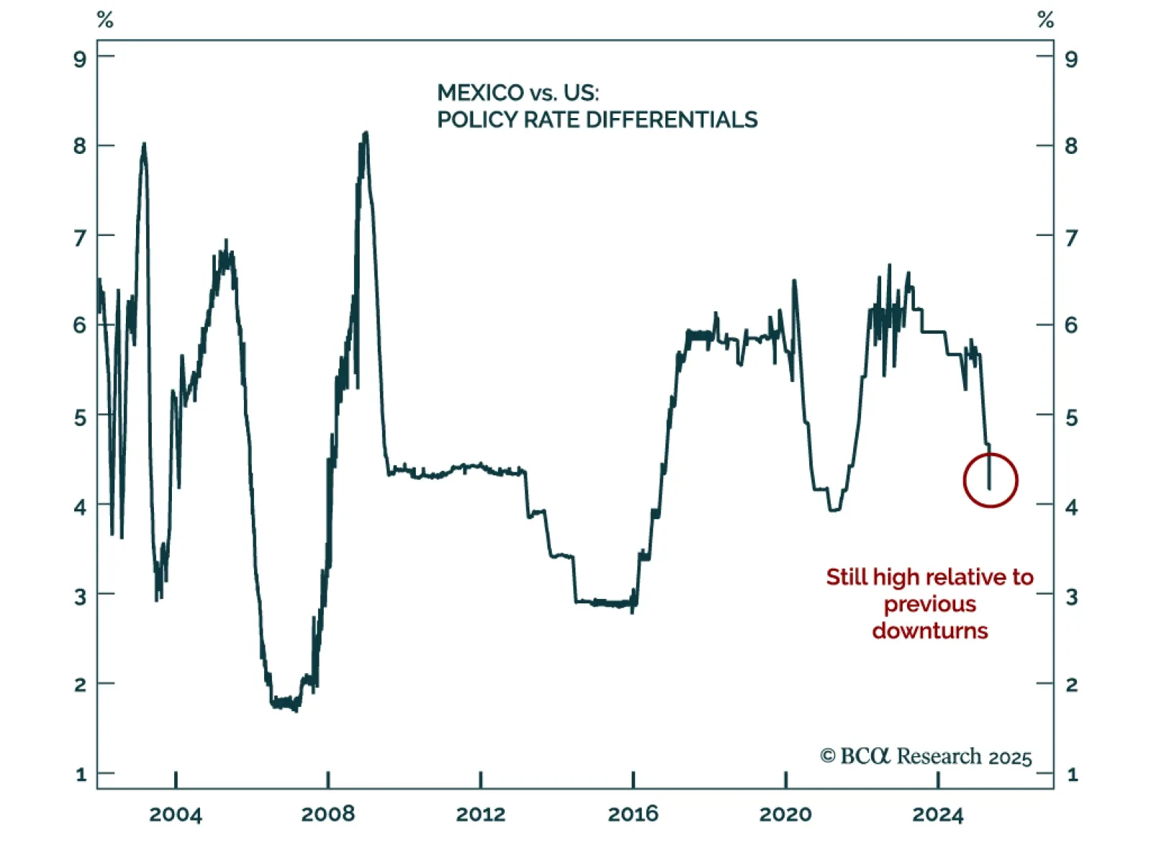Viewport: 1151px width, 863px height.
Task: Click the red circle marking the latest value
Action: [x=991, y=480]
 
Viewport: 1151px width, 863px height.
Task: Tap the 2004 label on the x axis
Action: [x=176, y=814]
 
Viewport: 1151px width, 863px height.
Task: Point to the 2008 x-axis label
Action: [x=328, y=814]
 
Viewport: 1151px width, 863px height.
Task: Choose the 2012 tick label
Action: [x=481, y=814]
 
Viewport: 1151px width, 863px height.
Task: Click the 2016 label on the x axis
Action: [x=633, y=814]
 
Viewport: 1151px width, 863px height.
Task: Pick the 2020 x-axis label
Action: [x=786, y=814]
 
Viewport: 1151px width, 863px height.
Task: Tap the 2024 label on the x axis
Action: [x=938, y=814]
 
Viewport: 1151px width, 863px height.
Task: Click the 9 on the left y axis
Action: [x=80, y=59]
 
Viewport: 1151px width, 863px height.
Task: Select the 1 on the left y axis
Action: [x=81, y=775]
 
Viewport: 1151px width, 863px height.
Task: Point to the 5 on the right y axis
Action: [x=1071, y=417]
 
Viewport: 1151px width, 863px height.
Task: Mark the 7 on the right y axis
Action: [x=1071, y=237]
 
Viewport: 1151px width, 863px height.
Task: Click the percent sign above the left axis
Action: [x=105, y=20]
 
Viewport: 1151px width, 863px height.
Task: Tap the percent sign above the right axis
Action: [x=1045, y=20]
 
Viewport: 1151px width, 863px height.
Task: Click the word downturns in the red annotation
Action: [x=930, y=631]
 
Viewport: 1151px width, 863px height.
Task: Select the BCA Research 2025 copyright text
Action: [x=926, y=757]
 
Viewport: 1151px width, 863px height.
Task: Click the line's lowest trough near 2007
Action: [x=296, y=710]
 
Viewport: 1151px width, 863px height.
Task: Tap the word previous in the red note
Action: [x=930, y=604]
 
